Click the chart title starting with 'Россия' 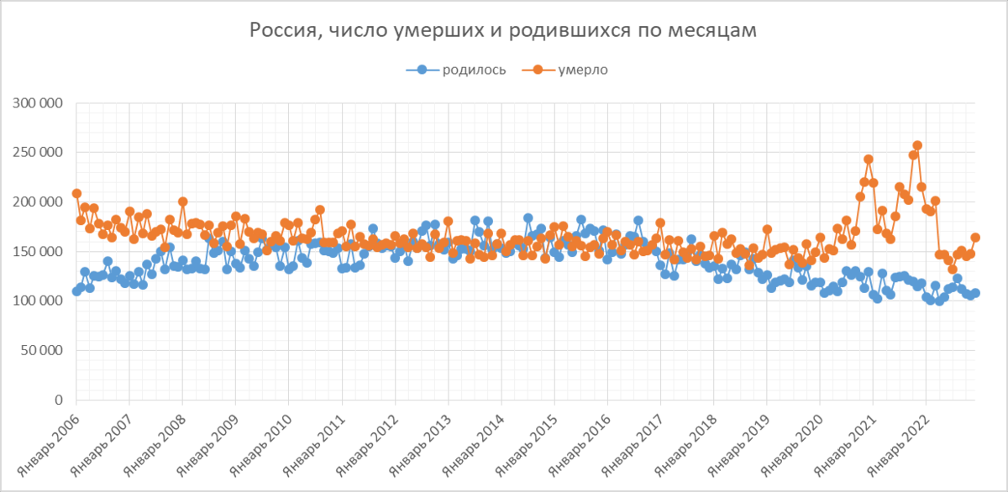(503, 30)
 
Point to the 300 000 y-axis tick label (39, 103)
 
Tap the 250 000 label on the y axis (39, 153)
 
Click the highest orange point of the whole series (917, 145)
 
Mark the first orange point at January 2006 (76, 194)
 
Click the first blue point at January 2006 (76, 291)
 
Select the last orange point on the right (975, 238)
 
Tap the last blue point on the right (975, 293)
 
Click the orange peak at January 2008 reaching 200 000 (183, 202)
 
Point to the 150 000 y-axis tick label (39, 252)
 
